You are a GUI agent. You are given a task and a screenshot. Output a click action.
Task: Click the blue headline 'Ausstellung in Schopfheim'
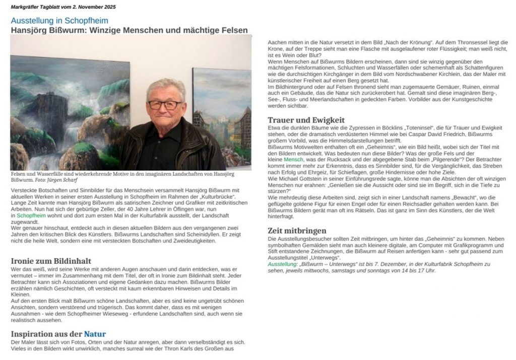pos(59,21)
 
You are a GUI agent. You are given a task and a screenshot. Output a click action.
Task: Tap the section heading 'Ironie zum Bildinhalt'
pos(51,261)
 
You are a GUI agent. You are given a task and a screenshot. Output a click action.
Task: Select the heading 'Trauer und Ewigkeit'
pos(306,120)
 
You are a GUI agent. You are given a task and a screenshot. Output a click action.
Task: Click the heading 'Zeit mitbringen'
pos(297,231)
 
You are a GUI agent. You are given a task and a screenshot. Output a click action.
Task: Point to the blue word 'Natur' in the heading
pos(95,334)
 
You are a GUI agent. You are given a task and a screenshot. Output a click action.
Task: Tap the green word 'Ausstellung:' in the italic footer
pos(283,264)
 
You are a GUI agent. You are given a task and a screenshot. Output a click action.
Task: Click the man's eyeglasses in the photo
pos(164,105)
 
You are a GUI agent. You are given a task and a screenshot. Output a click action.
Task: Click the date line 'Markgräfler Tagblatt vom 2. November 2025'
pos(63,6)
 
